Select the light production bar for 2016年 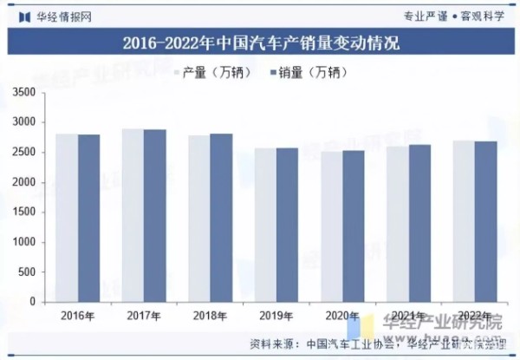(67, 217)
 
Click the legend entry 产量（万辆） (211, 73)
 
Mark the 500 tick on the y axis (27, 272)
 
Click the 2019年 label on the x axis (276, 316)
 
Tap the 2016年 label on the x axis (77, 316)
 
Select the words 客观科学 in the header (485, 15)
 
